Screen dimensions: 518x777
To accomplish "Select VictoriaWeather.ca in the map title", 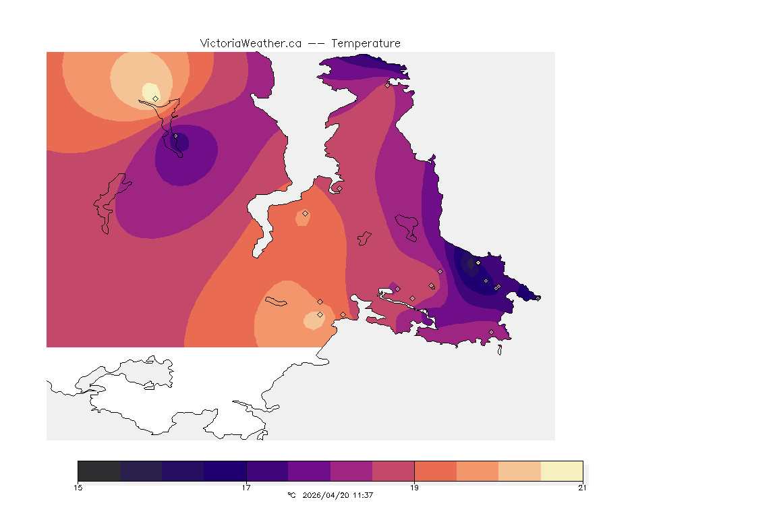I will pyautogui.click(x=250, y=43).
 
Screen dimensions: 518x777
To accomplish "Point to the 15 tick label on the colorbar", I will pyautogui.click(x=78, y=488).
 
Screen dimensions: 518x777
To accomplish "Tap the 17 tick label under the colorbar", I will pyautogui.click(x=246, y=488).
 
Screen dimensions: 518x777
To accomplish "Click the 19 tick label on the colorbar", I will pyautogui.click(x=414, y=488).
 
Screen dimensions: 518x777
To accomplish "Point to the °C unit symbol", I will pyautogui.click(x=291, y=495).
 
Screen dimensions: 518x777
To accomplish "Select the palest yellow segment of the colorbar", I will pyautogui.click(x=561, y=470).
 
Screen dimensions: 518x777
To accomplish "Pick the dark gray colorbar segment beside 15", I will pyautogui.click(x=98, y=470).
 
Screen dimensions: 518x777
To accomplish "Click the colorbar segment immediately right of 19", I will pyautogui.click(x=435, y=470).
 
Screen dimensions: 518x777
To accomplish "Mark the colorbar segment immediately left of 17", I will pyautogui.click(x=225, y=470).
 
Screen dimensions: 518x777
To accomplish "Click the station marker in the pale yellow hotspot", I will pyautogui.click(x=156, y=98).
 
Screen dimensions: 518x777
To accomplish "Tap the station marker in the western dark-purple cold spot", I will pyautogui.click(x=175, y=136).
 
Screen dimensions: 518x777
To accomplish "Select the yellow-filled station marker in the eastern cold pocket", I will pyautogui.click(x=478, y=262).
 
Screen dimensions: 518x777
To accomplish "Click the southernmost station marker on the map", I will pyautogui.click(x=491, y=332).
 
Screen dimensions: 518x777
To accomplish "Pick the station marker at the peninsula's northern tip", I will pyautogui.click(x=387, y=85).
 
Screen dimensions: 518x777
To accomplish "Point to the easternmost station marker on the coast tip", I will pyautogui.click(x=538, y=297).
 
